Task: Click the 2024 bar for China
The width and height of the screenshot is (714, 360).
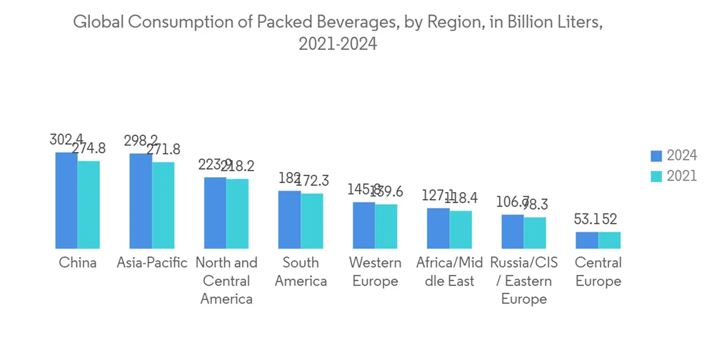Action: [x=66, y=200]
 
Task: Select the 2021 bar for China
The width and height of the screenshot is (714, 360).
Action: [x=89, y=204]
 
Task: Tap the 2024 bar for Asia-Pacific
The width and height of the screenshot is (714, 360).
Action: [x=141, y=201]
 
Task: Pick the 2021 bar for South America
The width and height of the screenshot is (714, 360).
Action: [x=311, y=221]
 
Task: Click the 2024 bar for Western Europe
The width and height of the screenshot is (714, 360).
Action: [x=363, y=225]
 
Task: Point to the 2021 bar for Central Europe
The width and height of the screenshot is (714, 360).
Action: [x=609, y=240]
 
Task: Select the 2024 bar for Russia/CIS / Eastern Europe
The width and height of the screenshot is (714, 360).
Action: [x=512, y=231]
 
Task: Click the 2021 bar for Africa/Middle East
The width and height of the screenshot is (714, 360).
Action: [x=461, y=229]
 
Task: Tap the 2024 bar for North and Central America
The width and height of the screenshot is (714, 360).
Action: [x=215, y=213]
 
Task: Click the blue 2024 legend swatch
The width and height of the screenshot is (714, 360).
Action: [x=657, y=156]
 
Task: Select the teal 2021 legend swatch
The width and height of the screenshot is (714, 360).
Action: [x=657, y=176]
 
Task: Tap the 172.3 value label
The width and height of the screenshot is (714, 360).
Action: [x=311, y=181]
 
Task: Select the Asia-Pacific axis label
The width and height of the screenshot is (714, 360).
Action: [x=152, y=263]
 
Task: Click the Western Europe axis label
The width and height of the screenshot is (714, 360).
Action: [x=375, y=272]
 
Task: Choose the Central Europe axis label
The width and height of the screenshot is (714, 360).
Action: [x=598, y=272]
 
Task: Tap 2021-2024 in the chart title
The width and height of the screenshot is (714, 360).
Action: [x=338, y=44]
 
